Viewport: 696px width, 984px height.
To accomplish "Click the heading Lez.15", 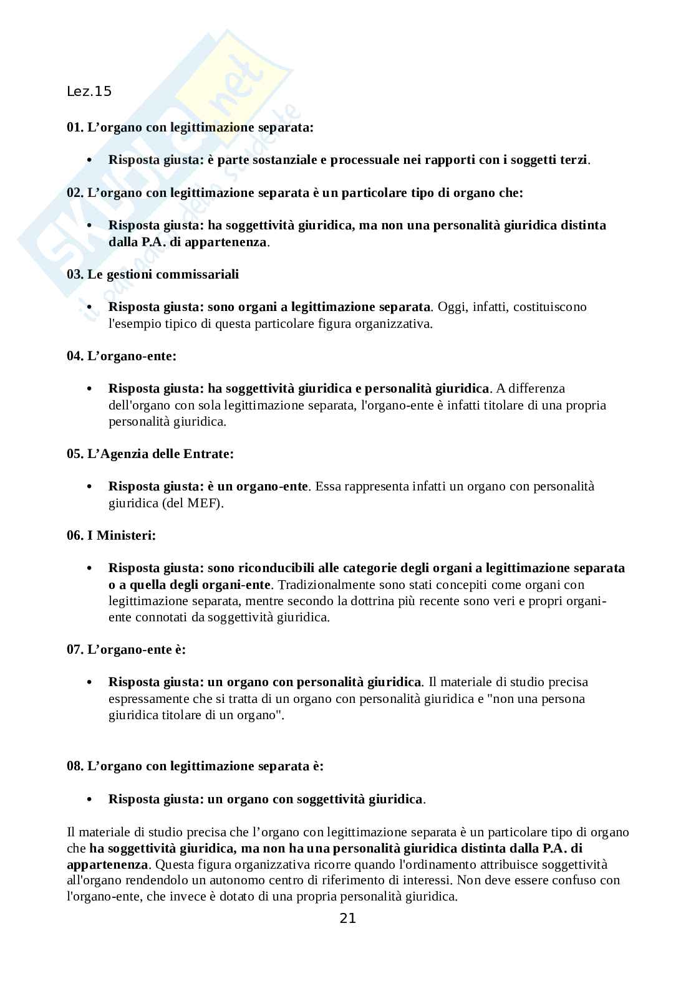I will pyautogui.click(x=89, y=92).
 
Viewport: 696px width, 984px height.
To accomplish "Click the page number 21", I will pyautogui.click(x=347, y=918).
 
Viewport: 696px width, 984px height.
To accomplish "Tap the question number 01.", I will pyautogui.click(x=74, y=128).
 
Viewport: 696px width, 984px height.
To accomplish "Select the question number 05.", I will pyautogui.click(x=74, y=454).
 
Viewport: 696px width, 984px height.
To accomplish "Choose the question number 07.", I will pyautogui.click(x=74, y=650).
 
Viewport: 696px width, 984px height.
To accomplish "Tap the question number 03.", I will pyautogui.click(x=74, y=274).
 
